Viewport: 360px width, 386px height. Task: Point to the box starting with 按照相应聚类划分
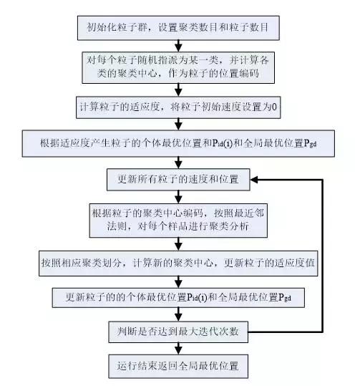tap(179, 262)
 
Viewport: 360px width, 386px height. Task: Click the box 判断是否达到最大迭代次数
tap(179, 331)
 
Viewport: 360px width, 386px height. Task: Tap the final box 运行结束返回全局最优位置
tap(179, 367)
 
